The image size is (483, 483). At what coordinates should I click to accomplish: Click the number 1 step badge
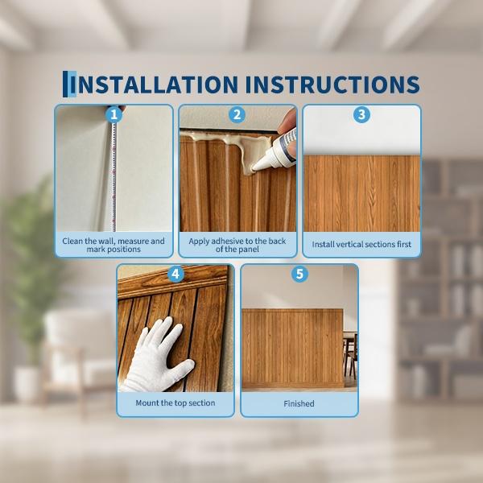pyautogui.click(x=114, y=115)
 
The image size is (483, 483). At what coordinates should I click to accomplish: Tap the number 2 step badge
pyautogui.click(x=237, y=115)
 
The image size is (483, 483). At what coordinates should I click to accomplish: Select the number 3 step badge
pyautogui.click(x=361, y=114)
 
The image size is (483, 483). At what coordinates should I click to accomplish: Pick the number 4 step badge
pyautogui.click(x=175, y=274)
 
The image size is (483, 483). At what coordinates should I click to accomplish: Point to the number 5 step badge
pyautogui.click(x=299, y=274)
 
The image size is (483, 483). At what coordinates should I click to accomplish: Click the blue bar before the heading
pyautogui.click(x=69, y=84)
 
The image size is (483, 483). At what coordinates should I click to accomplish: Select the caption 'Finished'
pyautogui.click(x=299, y=403)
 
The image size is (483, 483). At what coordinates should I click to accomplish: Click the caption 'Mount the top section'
pyautogui.click(x=175, y=403)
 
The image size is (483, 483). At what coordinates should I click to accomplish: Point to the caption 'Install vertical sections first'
pyautogui.click(x=361, y=244)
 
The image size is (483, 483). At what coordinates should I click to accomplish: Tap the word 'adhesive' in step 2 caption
pyautogui.click(x=224, y=241)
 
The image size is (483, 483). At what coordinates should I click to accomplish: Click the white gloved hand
pyautogui.click(x=157, y=354)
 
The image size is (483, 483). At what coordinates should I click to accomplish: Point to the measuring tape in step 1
pyautogui.click(x=114, y=175)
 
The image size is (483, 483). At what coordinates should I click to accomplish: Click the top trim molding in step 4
pyautogui.click(x=172, y=282)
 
